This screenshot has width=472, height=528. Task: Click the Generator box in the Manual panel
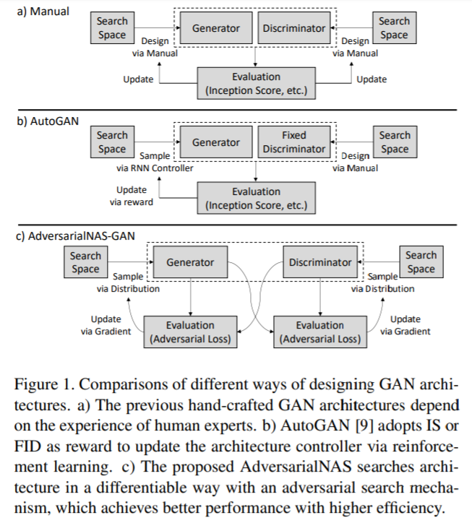215,29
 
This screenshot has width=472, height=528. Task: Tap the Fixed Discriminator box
293,142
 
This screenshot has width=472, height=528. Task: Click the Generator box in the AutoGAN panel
215,142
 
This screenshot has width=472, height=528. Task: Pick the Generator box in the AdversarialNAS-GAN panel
190,263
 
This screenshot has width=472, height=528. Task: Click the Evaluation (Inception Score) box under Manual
256,83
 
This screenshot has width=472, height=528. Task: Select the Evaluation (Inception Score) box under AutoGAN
256,198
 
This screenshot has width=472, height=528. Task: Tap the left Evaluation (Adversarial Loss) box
189,332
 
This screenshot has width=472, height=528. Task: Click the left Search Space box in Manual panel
111,28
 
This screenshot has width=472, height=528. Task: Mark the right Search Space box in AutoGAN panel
394,142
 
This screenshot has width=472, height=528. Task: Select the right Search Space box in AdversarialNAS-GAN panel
421,262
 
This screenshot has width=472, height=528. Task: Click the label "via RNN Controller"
155,168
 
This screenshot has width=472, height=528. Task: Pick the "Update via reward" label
131,196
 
